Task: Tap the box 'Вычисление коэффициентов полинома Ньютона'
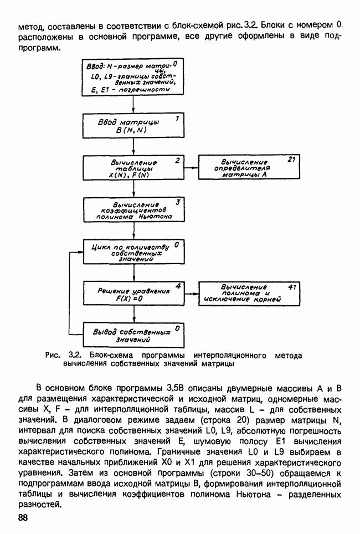click(133, 210)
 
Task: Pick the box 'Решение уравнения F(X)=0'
click(133, 294)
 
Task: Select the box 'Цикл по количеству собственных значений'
click(133, 252)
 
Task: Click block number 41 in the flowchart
click(292, 287)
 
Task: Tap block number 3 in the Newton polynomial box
click(178, 202)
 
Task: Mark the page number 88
click(23, 517)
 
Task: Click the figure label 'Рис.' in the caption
click(53, 355)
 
